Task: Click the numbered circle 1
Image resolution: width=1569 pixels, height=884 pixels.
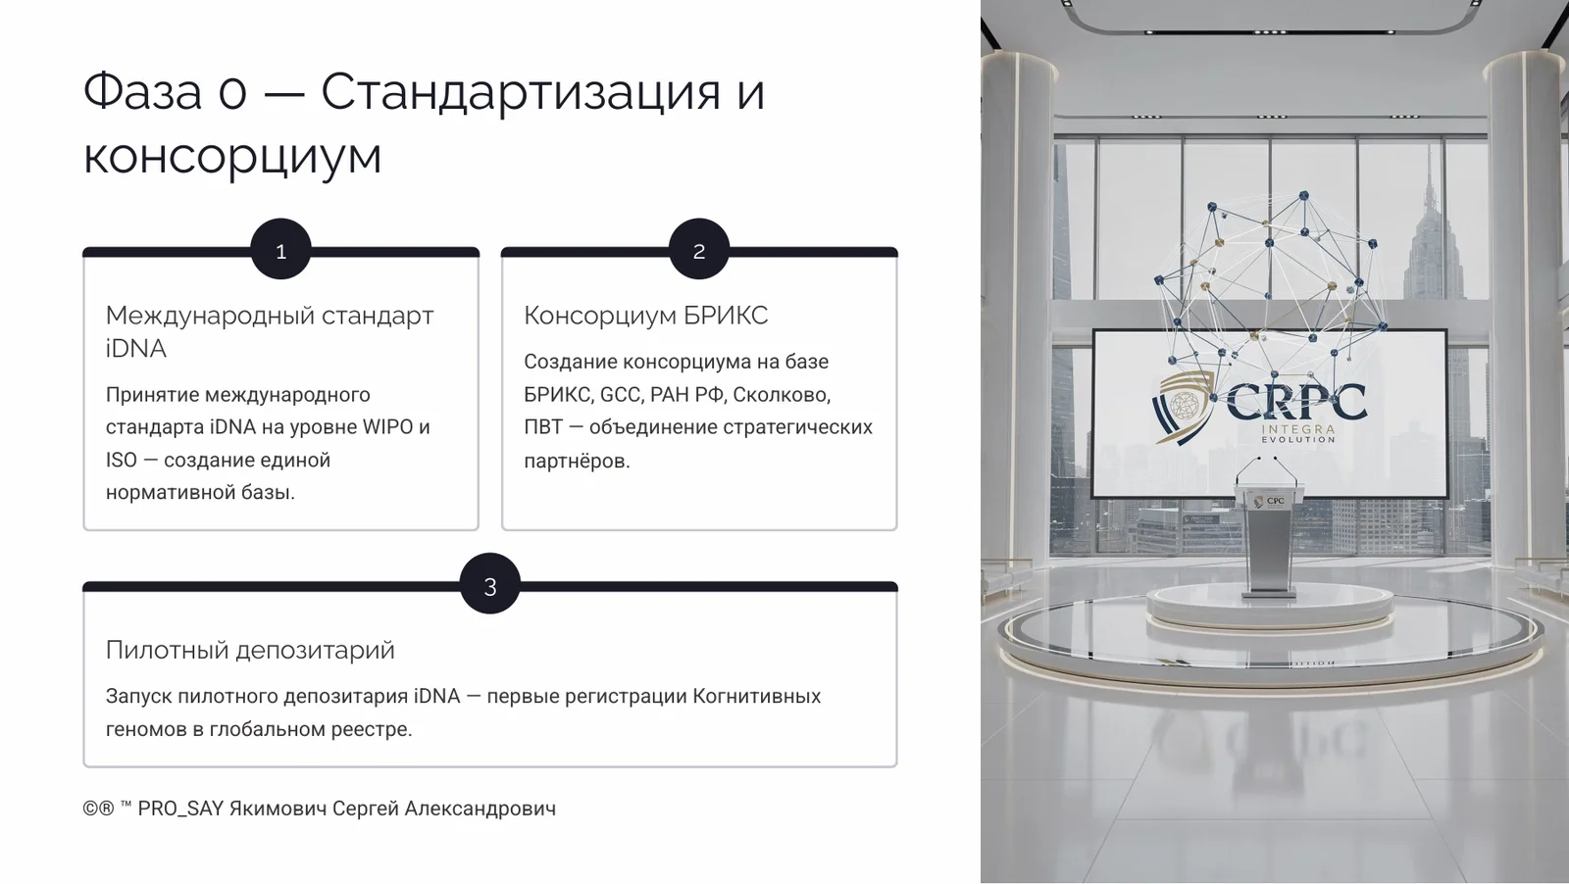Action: [x=280, y=250]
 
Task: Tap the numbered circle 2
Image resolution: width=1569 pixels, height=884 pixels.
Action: [x=699, y=250]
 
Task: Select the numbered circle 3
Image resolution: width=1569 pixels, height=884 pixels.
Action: [x=490, y=585]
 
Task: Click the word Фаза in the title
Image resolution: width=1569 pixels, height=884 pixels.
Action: [x=142, y=91]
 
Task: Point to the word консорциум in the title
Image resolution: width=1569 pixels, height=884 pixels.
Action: [x=232, y=157]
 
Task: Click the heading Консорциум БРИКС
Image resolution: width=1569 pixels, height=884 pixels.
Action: [x=645, y=316]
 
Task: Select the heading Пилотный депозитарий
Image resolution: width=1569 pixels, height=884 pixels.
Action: [x=250, y=650]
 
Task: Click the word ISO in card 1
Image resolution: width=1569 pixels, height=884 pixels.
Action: [x=122, y=460]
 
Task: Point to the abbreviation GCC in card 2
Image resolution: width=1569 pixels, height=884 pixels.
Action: [x=620, y=394]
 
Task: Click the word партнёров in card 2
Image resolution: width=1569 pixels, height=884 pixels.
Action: [x=576, y=461]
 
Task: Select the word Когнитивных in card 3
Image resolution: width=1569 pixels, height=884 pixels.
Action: [x=756, y=696]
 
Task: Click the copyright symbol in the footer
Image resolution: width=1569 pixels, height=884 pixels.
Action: [x=90, y=809]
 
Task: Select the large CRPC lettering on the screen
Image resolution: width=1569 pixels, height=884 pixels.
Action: [x=1295, y=401]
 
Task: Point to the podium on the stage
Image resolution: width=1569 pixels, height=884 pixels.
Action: [x=1271, y=539]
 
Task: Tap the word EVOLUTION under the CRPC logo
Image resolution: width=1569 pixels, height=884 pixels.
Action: [x=1297, y=440]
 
